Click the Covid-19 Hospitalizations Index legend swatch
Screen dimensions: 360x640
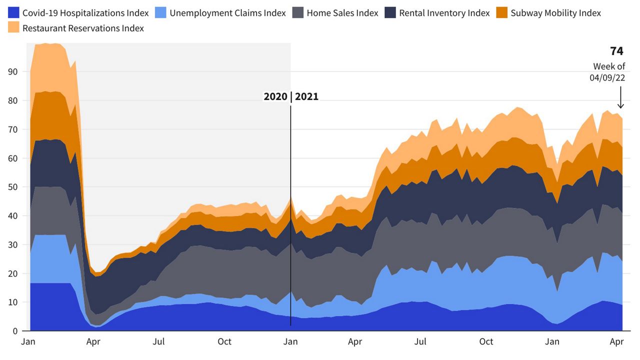pyautogui.click(x=13, y=13)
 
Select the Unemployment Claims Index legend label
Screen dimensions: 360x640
pyautogui.click(x=227, y=13)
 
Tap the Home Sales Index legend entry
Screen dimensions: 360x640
pyautogui.click(x=342, y=13)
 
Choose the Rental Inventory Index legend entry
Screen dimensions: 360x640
pyautogui.click(x=444, y=13)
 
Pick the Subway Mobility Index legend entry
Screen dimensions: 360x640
pyautogui.click(x=555, y=13)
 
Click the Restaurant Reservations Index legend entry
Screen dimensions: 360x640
pyautogui.click(x=83, y=28)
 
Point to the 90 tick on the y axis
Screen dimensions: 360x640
pyautogui.click(x=12, y=71)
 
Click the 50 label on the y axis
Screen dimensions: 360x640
pyautogui.click(x=12, y=187)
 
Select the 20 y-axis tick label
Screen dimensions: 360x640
pyautogui.click(x=12, y=273)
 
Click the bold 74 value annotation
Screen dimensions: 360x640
pyautogui.click(x=616, y=51)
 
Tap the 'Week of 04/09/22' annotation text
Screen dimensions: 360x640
pyautogui.click(x=609, y=72)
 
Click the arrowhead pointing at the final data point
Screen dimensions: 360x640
pyautogui.click(x=621, y=105)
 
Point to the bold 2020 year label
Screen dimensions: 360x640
pyautogui.click(x=275, y=97)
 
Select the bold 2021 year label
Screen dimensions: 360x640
pyautogui.click(x=306, y=97)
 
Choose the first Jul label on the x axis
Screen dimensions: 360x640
pyautogui.click(x=159, y=342)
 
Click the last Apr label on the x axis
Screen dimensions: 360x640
pyautogui.click(x=617, y=342)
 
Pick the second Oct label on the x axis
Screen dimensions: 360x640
pyautogui.click(x=486, y=342)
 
